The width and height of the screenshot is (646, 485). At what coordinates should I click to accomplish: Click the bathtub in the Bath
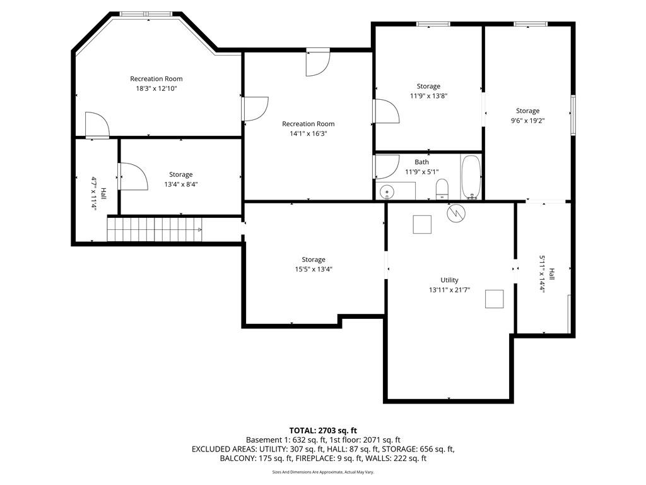pos(471,177)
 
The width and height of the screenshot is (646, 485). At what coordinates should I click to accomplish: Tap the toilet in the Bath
pos(442,189)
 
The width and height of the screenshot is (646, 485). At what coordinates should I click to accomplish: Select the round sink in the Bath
pos(387,192)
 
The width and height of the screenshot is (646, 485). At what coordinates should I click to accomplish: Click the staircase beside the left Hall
pos(155,229)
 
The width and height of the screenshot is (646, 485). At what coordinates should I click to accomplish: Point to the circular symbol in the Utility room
pos(457,213)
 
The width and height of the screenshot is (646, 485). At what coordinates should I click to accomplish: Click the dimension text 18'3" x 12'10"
pos(156,88)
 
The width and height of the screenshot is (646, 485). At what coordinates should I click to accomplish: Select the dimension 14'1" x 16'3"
pos(308,133)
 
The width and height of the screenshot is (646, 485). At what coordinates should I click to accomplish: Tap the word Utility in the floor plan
pos(449,280)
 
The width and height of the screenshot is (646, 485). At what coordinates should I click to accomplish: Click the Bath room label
pos(421,162)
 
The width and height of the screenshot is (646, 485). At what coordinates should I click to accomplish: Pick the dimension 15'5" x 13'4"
pos(313,269)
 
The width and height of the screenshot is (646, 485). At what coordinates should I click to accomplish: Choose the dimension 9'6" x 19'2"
pos(528,121)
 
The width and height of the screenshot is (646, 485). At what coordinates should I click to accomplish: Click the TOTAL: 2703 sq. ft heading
pos(323,431)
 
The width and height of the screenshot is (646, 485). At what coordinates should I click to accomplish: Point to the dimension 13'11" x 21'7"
pos(449,290)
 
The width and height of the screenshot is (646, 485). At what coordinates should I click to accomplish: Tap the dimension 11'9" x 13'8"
pos(428,96)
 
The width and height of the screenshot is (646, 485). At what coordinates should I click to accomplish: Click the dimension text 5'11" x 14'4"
pos(542,274)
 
